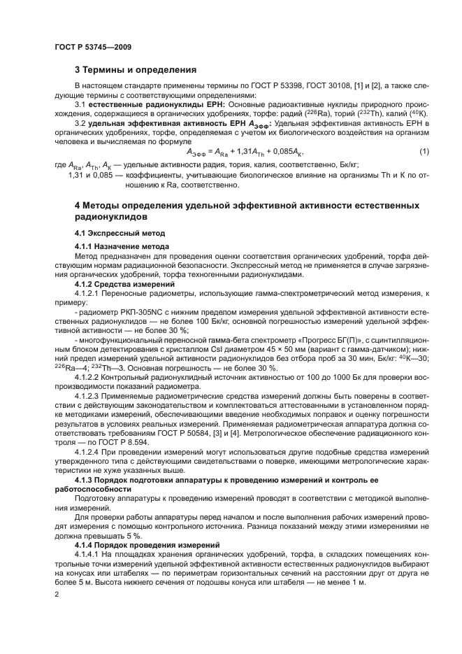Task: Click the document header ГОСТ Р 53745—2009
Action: tap(92, 48)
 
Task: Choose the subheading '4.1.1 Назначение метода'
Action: tap(122, 246)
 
